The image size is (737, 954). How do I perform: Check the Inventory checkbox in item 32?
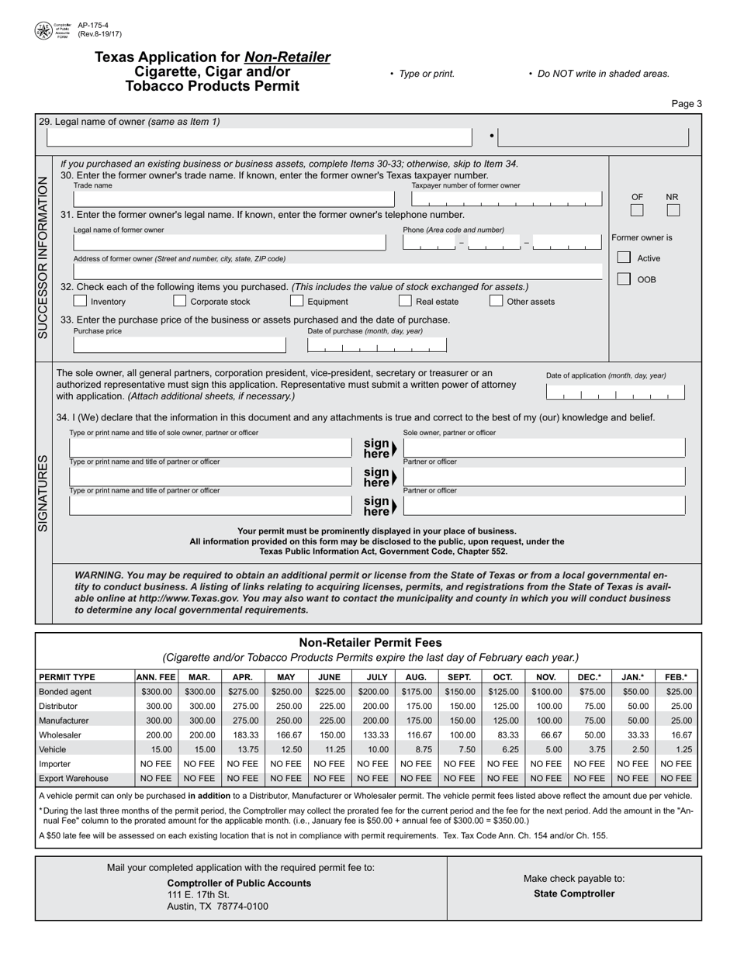(x=79, y=301)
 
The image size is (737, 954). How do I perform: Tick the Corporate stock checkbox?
(x=179, y=301)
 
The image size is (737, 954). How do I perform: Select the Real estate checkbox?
(x=405, y=301)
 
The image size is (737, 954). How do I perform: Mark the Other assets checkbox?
(x=496, y=301)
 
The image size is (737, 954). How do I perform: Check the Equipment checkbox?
(x=296, y=301)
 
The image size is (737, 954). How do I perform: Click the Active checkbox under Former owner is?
(x=624, y=258)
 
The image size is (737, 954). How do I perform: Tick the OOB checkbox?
(x=624, y=279)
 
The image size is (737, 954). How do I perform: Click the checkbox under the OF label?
(x=637, y=210)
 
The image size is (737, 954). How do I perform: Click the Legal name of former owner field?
(x=230, y=244)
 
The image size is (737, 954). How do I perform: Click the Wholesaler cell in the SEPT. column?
(x=459, y=735)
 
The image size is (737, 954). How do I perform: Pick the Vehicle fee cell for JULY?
(x=377, y=749)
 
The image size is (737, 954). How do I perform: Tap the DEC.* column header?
(x=589, y=676)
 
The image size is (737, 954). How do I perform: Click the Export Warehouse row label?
(x=74, y=778)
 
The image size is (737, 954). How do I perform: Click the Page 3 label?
(x=687, y=104)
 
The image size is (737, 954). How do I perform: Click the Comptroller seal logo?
(x=44, y=31)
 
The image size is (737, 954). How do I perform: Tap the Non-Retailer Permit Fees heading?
(x=370, y=642)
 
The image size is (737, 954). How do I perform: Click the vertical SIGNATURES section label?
(x=43, y=493)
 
